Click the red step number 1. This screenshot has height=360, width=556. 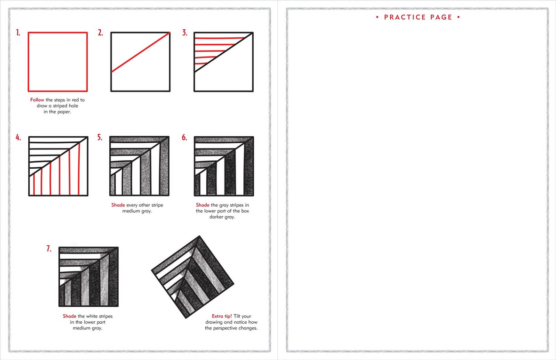coord(18,33)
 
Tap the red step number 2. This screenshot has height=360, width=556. coord(100,33)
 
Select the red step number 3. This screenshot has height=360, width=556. coord(185,33)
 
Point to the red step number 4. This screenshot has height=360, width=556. coord(18,138)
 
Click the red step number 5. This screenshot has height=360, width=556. coord(100,138)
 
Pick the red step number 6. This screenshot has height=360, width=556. coord(185,138)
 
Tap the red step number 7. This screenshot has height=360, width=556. coord(49,249)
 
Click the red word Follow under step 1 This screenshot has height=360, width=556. coord(38,100)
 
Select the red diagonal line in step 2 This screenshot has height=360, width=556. coord(140,52)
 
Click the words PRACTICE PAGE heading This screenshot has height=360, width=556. coord(418,17)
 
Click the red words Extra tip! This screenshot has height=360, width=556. coord(222,316)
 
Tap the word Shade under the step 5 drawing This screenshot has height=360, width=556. coord(118,205)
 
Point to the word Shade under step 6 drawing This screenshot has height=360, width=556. coord(203,205)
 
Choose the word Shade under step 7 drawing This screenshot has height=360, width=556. coord(70,316)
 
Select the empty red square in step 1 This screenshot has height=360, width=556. coord(58,61)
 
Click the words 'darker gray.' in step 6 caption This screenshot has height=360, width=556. coord(222,217)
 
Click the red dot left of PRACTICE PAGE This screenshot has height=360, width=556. coord(378,17)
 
